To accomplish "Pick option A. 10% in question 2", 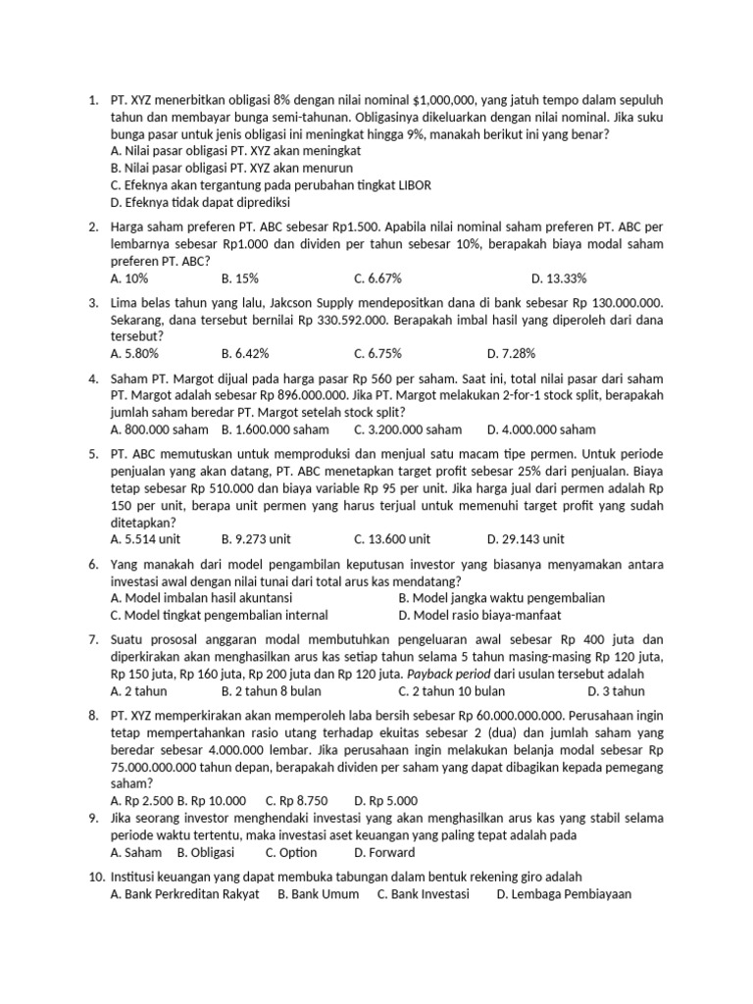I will click(x=130, y=278).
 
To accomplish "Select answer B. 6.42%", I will click(x=245, y=353).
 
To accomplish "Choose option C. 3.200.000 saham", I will click(x=408, y=429).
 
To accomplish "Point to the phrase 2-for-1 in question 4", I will click(x=478, y=395).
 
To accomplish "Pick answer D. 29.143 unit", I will click(x=526, y=538).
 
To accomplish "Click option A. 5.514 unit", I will click(x=145, y=538).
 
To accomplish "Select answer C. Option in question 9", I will click(x=291, y=852).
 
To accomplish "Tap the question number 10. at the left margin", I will click(x=96, y=877).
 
